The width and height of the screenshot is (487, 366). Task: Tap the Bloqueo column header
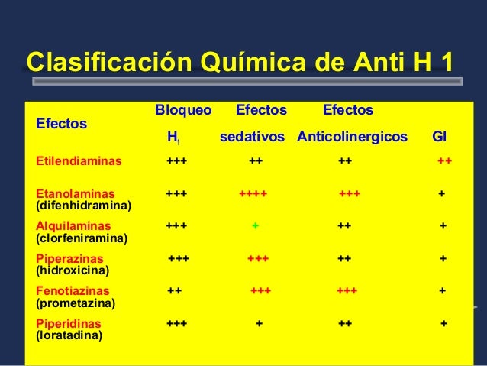[x=183, y=110]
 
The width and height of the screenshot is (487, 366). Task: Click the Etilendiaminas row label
[x=79, y=162]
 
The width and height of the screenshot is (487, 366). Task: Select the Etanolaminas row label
[x=75, y=194]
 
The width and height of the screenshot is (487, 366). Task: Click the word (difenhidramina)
[x=83, y=206]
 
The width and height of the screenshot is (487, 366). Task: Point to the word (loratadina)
[x=69, y=335]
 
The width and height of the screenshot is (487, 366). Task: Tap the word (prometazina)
[x=76, y=303]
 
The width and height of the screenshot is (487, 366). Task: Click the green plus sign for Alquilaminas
[x=256, y=226]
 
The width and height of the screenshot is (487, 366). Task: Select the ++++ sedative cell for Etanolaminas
[x=253, y=194]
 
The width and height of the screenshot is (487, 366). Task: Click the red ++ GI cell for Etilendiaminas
[x=444, y=162]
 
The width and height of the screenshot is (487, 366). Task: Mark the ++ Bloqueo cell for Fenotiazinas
[x=174, y=291]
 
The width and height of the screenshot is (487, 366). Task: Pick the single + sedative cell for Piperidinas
[x=259, y=323]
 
